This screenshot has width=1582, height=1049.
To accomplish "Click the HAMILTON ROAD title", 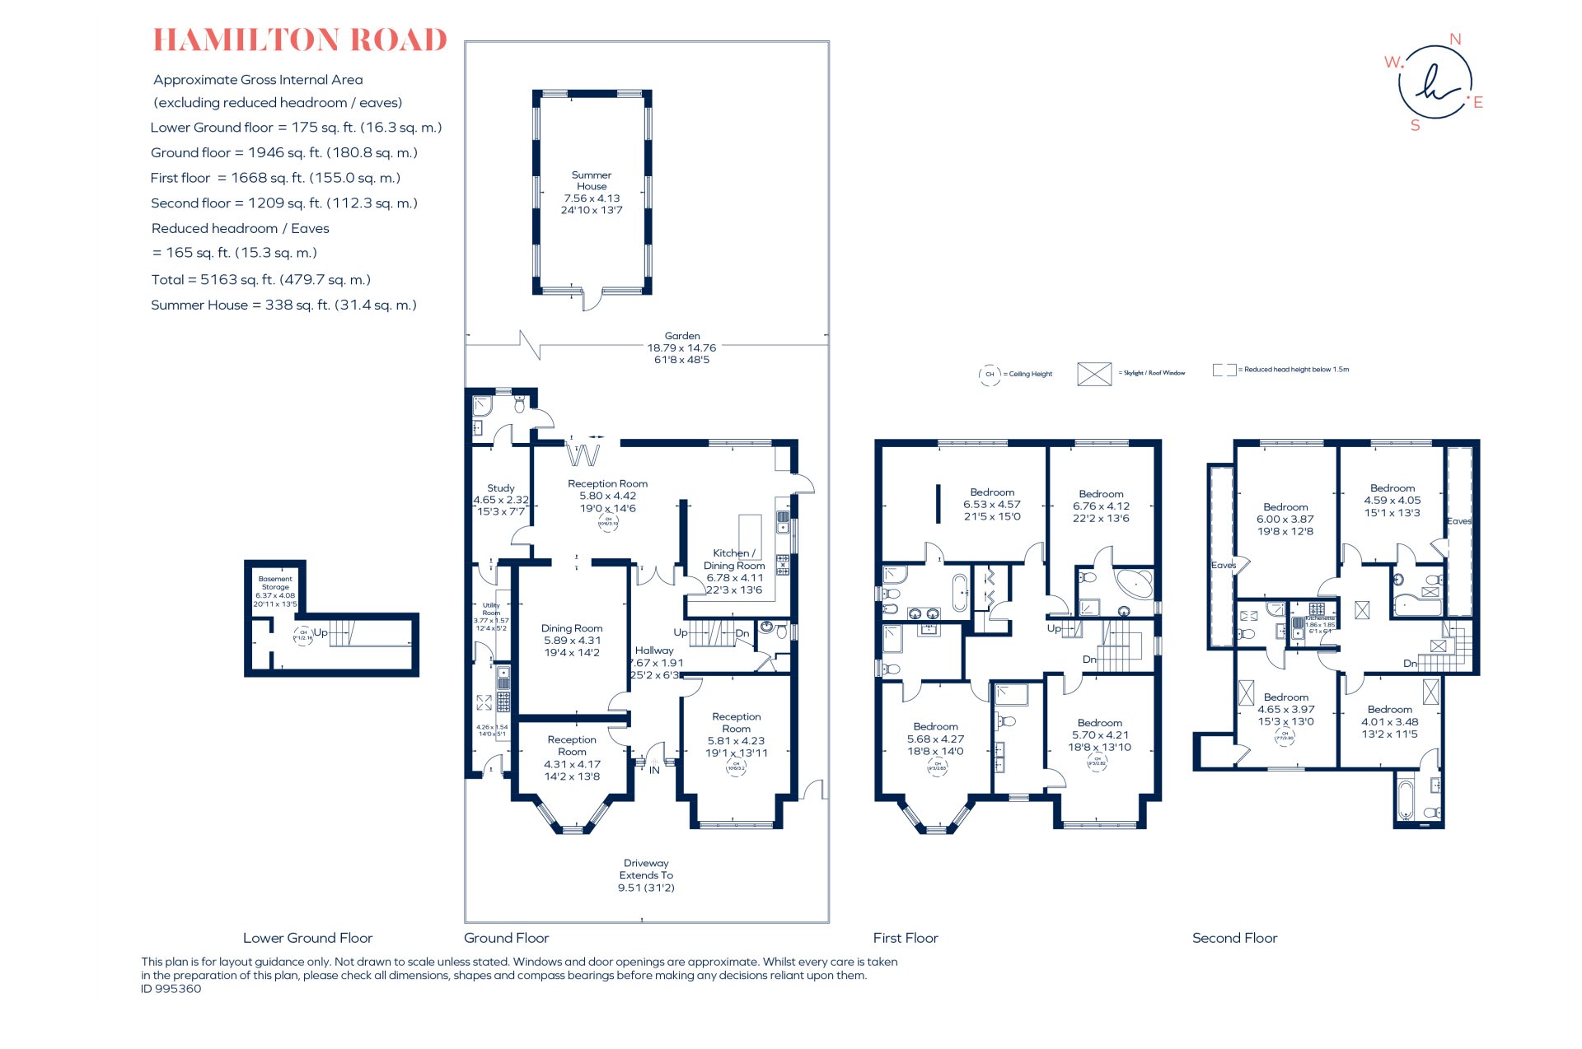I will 300,40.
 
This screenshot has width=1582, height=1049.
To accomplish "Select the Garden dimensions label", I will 681,347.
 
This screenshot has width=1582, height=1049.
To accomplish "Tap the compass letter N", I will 1455,40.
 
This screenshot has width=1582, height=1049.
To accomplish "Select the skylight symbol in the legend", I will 1094,374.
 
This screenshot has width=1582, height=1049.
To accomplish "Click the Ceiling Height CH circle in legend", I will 990,374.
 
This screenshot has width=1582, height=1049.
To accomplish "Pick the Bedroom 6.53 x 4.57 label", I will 992,504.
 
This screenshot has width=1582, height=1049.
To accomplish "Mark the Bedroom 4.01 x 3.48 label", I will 1389,721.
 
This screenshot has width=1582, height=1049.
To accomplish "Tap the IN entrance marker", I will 654,771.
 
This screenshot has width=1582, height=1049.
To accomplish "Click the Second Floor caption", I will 1234,938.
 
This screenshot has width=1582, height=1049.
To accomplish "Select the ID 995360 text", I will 171,989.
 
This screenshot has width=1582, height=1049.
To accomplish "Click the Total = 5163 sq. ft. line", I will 260,280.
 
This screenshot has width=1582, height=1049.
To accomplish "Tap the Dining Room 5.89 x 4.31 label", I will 572,640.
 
